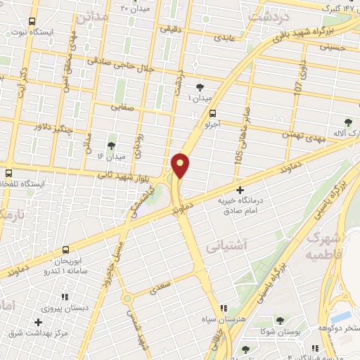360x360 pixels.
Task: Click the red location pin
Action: [181, 165]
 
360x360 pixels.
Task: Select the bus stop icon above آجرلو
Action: [212, 112]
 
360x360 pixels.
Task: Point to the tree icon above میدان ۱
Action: [200, 87]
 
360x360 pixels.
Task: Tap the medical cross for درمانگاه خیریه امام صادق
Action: [240, 190]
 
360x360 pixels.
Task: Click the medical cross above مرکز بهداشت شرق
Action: [38, 322]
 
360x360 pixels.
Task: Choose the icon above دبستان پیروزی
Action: [66, 297]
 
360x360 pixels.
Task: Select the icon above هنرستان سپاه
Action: [224, 308]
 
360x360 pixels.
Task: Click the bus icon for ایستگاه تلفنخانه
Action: [8, 173]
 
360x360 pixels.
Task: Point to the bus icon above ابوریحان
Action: [66, 250]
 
